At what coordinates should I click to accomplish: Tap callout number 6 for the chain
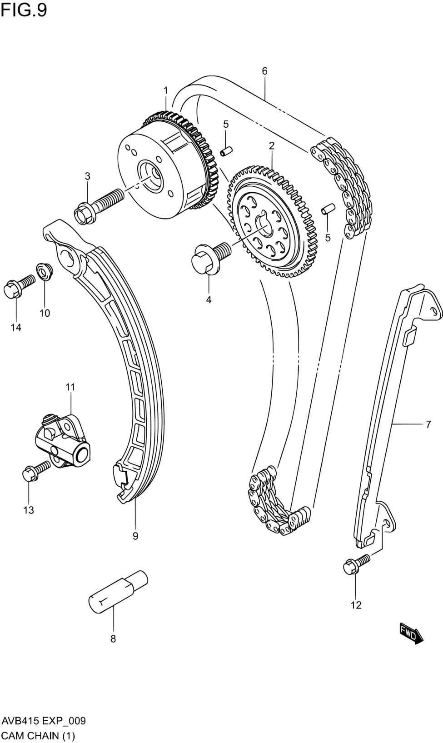tap(264, 71)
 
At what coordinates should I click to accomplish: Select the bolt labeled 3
tap(98, 205)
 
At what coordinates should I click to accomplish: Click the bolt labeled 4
tap(211, 256)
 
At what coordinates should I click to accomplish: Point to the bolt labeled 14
tap(18, 286)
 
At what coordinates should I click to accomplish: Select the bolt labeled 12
tap(356, 563)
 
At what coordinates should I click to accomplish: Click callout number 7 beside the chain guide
tap(428, 425)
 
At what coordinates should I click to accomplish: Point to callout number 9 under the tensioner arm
tap(135, 536)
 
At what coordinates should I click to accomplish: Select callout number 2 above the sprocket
tap(271, 145)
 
